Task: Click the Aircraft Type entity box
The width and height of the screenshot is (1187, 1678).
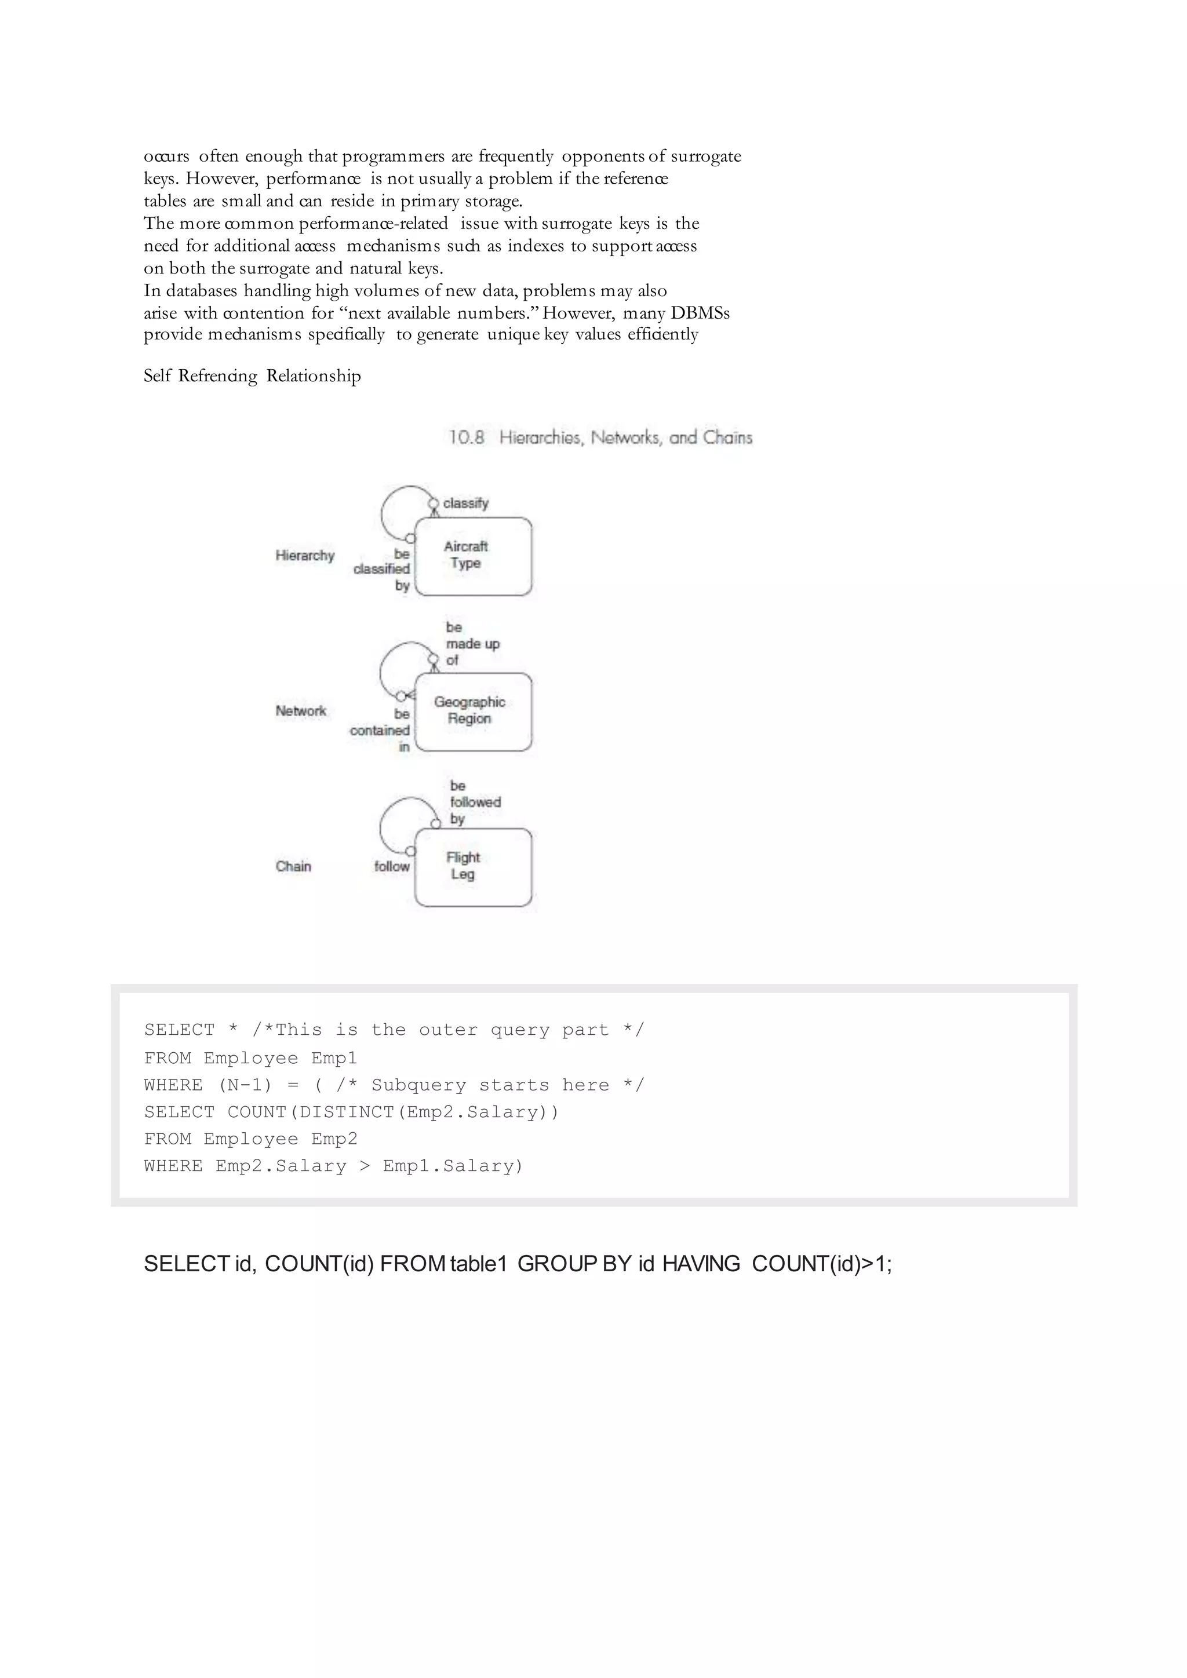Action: (x=473, y=556)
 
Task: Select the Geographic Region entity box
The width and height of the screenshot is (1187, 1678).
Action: (x=473, y=711)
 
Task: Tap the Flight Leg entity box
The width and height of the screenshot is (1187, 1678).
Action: (x=473, y=867)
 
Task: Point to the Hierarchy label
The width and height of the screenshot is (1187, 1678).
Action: (x=305, y=556)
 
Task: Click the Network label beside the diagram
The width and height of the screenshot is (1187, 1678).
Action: (x=300, y=711)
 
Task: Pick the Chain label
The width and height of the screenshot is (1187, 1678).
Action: (x=293, y=867)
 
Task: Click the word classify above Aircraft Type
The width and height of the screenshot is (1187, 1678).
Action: (x=465, y=504)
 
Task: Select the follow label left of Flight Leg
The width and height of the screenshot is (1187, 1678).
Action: (x=392, y=867)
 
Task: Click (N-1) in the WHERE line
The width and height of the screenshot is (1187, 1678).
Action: (x=245, y=1085)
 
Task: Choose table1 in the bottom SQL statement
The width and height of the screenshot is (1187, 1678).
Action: (x=478, y=1264)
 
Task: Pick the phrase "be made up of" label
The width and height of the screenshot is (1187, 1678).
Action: (x=472, y=644)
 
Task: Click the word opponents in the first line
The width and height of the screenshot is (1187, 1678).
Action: (x=602, y=156)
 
